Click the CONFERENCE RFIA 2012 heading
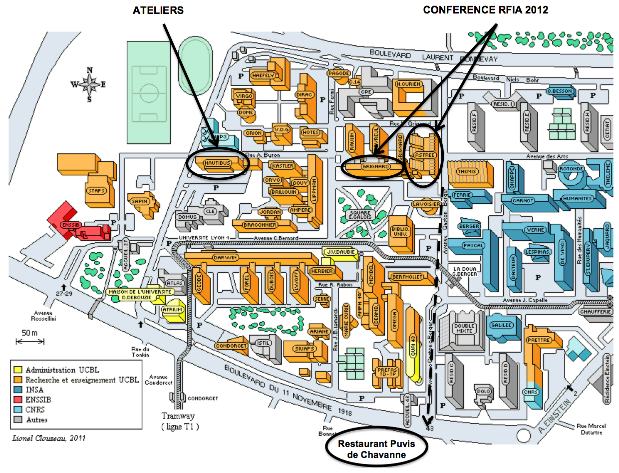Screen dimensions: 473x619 click(486, 10)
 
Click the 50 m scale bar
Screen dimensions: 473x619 click(30, 341)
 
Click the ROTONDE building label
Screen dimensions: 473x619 click(571, 168)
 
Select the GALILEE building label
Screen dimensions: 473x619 click(501, 325)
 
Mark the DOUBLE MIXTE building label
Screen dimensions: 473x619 click(463, 328)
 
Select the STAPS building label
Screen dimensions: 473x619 click(95, 190)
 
